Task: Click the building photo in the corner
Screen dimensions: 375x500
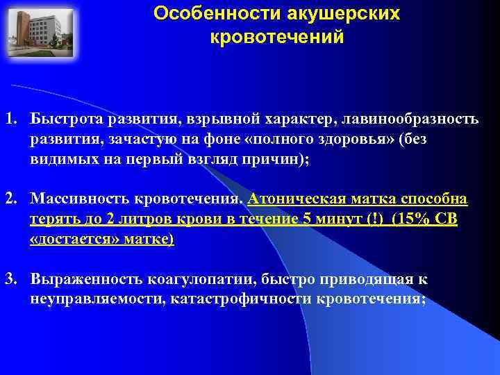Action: pos(39,33)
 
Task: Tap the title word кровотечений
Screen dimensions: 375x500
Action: pos(276,37)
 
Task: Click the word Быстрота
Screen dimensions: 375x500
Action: pos(64,119)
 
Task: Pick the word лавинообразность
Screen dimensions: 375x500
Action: pos(410,119)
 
